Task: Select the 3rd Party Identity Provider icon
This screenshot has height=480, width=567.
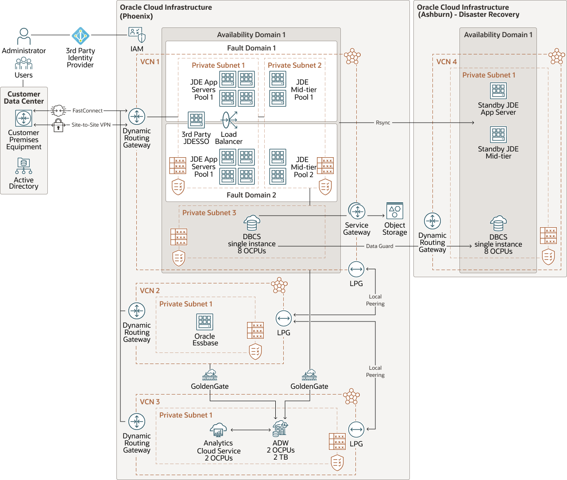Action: [81, 36]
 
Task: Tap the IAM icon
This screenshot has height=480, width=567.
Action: [137, 35]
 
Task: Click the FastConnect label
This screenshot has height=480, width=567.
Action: [87, 111]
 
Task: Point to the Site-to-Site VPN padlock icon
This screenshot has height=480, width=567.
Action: [58, 125]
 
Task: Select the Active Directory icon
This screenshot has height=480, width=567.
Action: [24, 166]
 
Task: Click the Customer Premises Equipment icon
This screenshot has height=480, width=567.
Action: [24, 118]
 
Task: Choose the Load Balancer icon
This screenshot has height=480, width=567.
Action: [229, 120]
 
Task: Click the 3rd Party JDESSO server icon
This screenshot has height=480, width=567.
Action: [196, 120]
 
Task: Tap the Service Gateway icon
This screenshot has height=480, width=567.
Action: [357, 212]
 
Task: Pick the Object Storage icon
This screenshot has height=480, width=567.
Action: [394, 211]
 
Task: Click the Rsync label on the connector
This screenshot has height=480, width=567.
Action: [383, 123]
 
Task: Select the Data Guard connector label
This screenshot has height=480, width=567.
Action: [379, 246]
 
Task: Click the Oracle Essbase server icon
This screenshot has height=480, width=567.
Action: [205, 322]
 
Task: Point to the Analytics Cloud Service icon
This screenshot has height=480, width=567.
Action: [218, 430]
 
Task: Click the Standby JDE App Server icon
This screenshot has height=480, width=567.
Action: [498, 91]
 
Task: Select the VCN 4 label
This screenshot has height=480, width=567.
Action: [446, 62]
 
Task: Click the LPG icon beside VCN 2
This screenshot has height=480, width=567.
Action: [284, 318]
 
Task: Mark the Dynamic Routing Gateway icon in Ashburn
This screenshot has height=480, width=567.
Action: [432, 221]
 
